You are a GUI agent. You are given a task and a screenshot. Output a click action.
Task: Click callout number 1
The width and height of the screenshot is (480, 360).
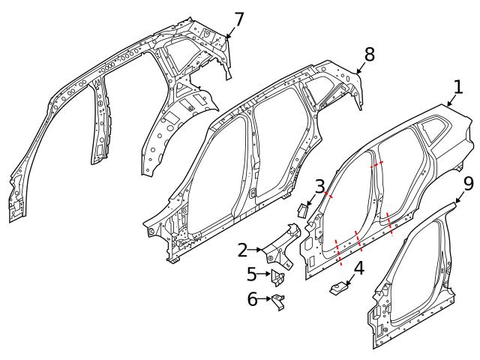(458, 87)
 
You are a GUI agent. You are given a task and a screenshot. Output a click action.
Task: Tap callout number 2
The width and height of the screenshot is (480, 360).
(243, 249)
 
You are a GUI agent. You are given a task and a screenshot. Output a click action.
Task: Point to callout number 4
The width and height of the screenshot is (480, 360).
(358, 267)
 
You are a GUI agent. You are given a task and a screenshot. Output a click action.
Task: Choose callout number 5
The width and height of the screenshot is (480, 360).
(252, 274)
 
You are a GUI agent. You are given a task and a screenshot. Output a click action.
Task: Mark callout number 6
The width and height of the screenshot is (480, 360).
(252, 299)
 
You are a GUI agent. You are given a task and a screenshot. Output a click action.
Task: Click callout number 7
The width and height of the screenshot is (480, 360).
(238, 18)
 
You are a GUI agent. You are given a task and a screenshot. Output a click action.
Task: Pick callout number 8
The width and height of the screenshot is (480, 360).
(369, 54)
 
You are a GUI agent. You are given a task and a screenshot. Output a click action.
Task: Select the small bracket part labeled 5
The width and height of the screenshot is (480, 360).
(278, 277)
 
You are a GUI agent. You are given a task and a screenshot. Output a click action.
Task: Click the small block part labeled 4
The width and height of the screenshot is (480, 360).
(337, 287)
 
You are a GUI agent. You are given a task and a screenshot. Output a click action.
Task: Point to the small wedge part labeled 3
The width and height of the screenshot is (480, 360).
(304, 208)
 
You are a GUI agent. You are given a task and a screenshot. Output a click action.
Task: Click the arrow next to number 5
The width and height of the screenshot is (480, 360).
(265, 274)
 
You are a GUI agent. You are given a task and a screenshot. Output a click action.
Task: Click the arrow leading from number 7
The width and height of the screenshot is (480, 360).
(229, 30)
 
